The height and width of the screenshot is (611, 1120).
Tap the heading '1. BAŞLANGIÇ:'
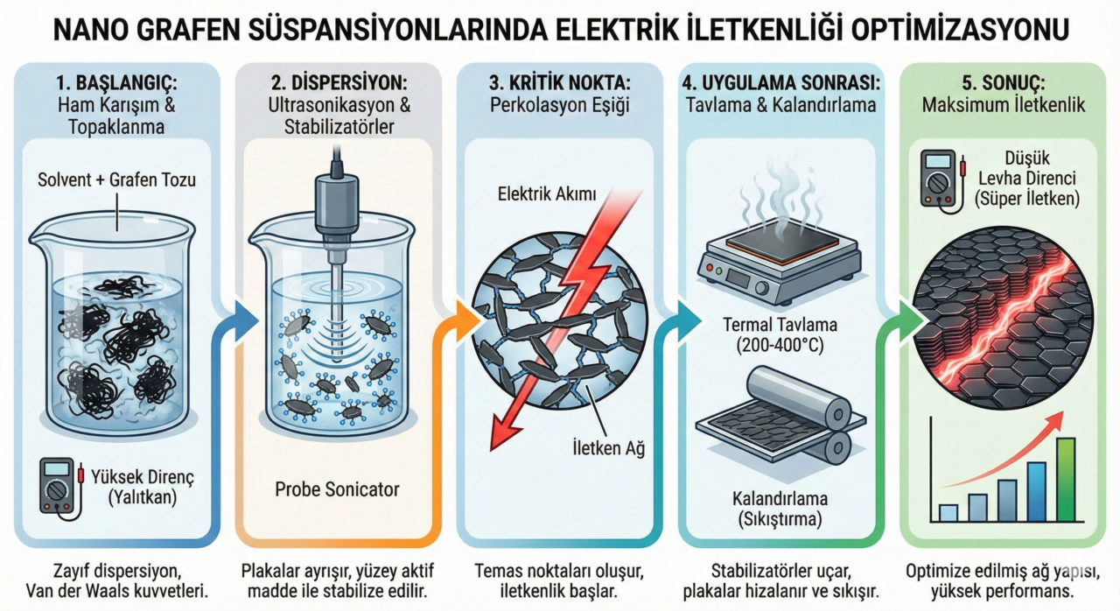(x=117, y=85)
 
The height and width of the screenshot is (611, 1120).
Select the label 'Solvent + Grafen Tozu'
(x=117, y=181)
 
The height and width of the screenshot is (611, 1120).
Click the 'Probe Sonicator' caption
(x=336, y=486)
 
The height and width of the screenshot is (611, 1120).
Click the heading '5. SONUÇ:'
(x=1003, y=85)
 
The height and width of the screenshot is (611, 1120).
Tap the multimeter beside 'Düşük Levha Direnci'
(x=938, y=177)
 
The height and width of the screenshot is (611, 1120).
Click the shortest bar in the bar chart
(x=948, y=512)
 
